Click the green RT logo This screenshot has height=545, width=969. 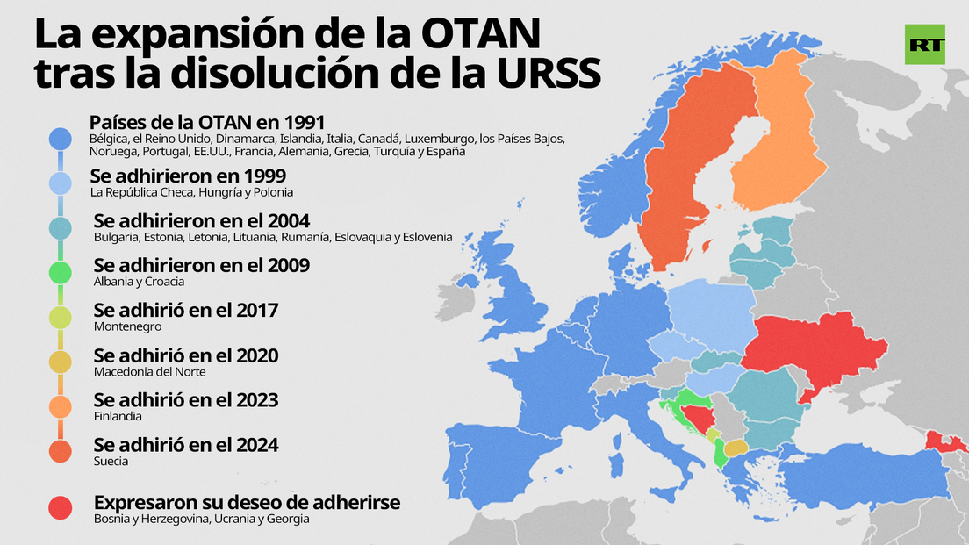[924, 44]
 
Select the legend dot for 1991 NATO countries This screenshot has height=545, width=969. [60, 138]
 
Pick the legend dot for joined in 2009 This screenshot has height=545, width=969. [60, 273]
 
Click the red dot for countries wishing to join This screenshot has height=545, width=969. [60, 506]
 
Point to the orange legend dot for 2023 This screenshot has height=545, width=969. [60, 406]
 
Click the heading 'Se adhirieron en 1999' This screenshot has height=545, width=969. [187, 176]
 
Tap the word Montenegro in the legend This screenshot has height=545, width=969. [127, 326]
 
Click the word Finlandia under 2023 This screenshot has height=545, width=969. [118, 416]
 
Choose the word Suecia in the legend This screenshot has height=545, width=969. [111, 461]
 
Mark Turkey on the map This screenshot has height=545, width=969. [860, 478]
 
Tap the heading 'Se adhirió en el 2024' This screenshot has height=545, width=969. [186, 445]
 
